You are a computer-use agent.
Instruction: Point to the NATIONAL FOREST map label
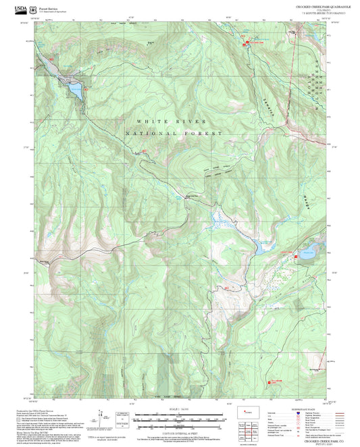174,134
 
